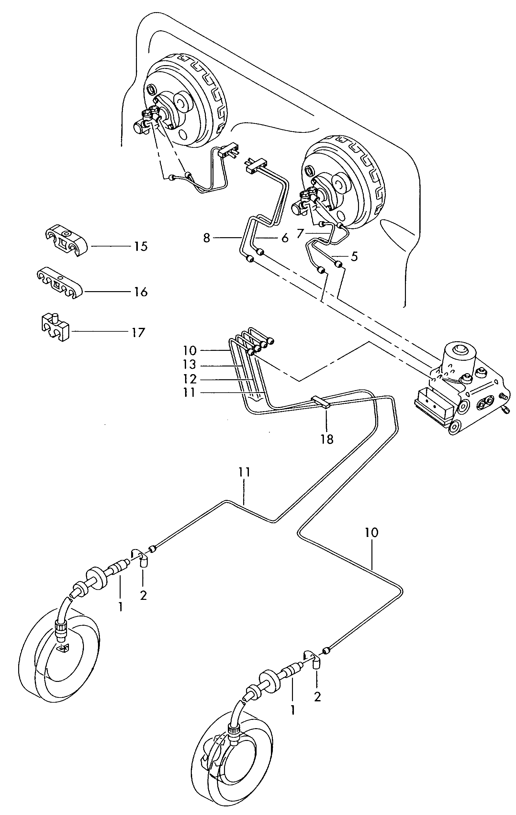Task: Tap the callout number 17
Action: point(138,332)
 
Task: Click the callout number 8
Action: point(206,238)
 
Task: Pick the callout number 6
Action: point(285,238)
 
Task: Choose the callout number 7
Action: point(299,234)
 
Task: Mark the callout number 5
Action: point(354,256)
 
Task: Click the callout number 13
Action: point(190,365)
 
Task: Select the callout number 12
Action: point(190,379)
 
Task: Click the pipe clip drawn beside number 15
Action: point(66,240)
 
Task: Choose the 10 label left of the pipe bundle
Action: point(190,350)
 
